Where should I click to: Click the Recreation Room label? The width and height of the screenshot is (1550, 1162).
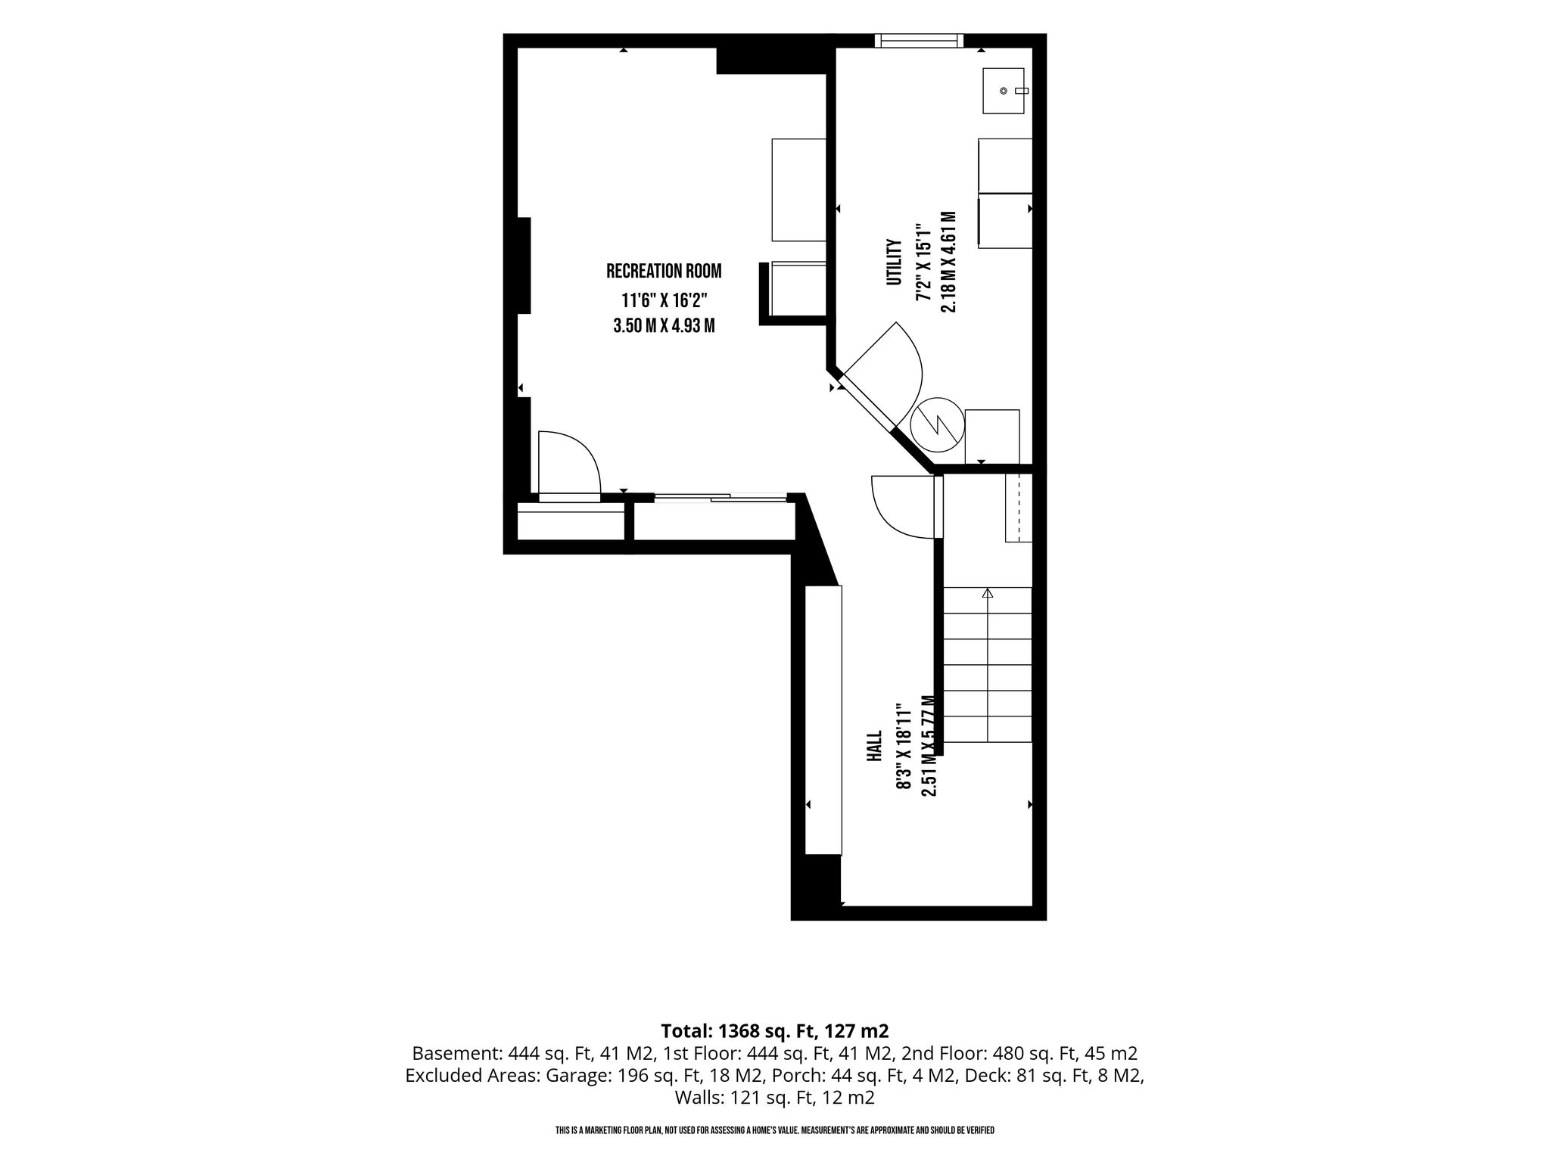(x=664, y=271)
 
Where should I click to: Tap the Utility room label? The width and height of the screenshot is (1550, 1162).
(x=895, y=263)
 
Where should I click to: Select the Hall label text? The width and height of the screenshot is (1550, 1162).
(x=874, y=746)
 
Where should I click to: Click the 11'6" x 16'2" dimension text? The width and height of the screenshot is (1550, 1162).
(x=664, y=300)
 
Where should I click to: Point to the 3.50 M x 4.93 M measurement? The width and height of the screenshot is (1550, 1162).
(x=664, y=326)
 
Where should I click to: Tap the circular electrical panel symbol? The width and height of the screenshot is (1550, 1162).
(x=937, y=427)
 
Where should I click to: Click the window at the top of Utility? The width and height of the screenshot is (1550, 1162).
(x=920, y=41)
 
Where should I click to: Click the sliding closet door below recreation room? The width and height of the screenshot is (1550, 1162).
(x=721, y=497)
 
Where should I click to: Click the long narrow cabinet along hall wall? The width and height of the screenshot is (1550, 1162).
(x=823, y=721)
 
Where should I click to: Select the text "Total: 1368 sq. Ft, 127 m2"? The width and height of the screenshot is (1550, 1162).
(x=775, y=1030)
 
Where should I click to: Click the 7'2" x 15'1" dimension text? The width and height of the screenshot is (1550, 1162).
(x=922, y=263)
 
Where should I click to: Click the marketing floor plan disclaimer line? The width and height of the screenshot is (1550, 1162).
(x=775, y=1130)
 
